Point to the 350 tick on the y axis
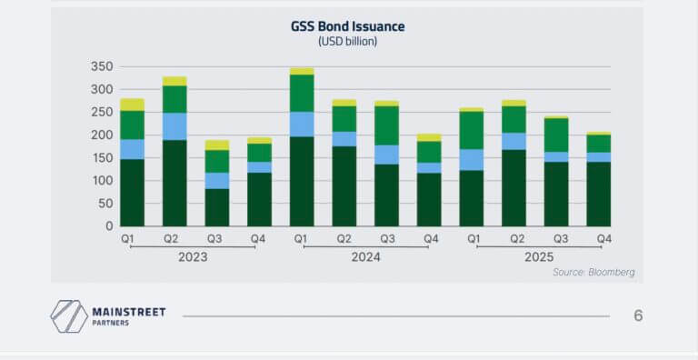click(102, 67)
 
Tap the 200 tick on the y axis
click(102, 135)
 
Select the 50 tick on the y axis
click(105, 204)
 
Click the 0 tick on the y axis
click(109, 226)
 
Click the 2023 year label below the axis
click(193, 257)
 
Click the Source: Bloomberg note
click(593, 272)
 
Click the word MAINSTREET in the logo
click(129, 312)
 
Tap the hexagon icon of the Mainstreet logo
click(68, 315)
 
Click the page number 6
click(638, 316)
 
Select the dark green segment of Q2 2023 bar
click(174, 183)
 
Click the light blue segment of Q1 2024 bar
click(302, 125)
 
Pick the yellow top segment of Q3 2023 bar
click(217, 145)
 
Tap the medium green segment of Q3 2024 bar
click(387, 125)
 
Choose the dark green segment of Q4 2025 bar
click(598, 194)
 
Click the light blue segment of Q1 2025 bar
click(472, 160)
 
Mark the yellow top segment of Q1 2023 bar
click(133, 104)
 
